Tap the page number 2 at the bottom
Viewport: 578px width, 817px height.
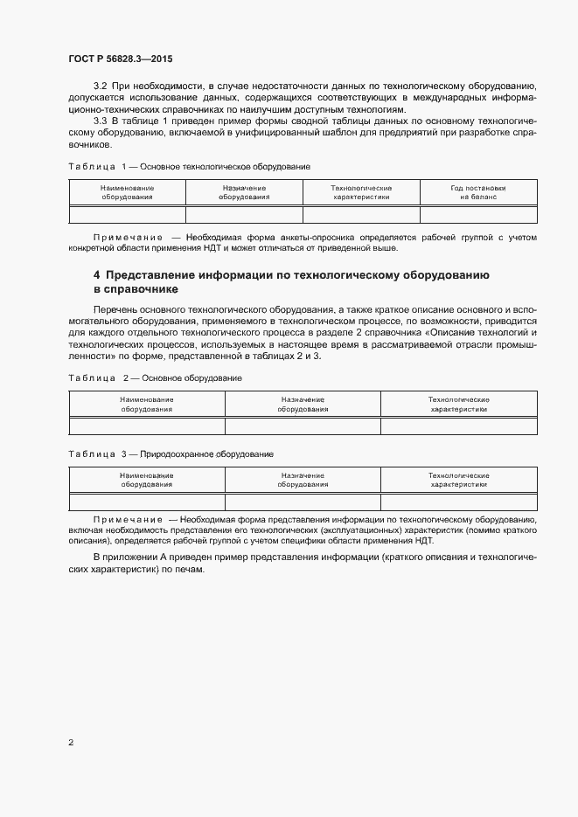[x=71, y=743]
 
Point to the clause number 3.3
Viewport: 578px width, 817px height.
[x=99, y=121]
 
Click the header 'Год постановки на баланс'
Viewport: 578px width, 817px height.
[x=478, y=192]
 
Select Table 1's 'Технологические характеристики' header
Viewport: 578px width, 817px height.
[x=361, y=192]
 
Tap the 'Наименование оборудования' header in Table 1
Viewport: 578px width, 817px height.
[x=127, y=192]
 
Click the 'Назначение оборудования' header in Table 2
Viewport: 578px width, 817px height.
[x=303, y=404]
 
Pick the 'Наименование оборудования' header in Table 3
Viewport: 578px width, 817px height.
[x=147, y=480]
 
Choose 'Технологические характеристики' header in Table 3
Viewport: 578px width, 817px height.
[x=459, y=480]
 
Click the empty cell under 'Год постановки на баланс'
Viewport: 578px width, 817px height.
[x=478, y=215]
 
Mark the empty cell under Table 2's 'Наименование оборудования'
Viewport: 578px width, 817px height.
[x=147, y=426]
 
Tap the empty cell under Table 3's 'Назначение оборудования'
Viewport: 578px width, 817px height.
[x=303, y=502]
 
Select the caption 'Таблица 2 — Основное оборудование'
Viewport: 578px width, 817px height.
[x=155, y=377]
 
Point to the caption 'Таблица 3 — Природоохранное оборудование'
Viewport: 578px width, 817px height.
[x=171, y=454]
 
